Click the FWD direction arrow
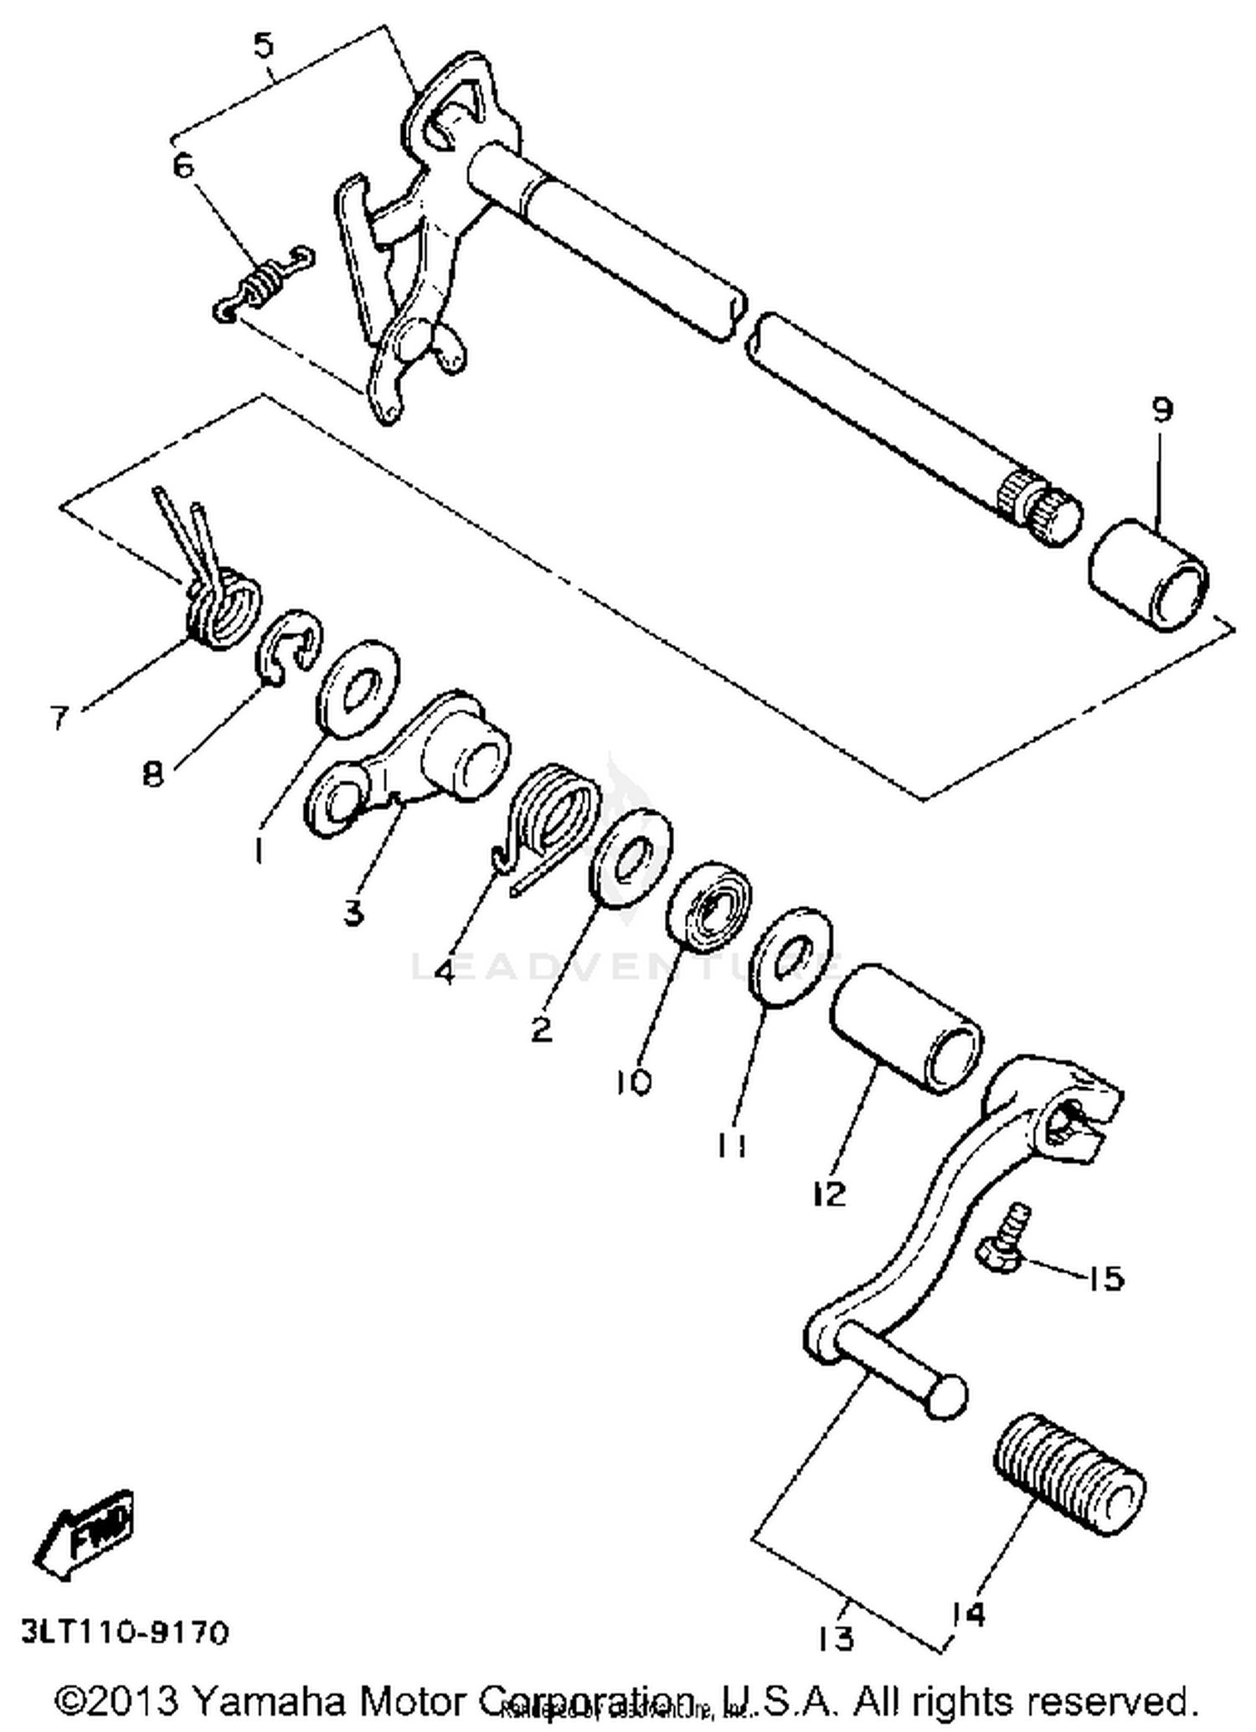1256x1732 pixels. tap(83, 1534)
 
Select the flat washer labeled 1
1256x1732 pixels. tap(358, 688)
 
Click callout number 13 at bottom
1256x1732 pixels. tap(836, 1637)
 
